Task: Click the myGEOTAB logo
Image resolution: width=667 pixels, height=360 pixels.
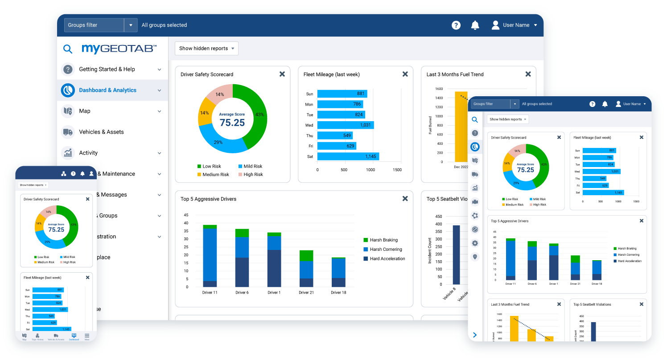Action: click(119, 49)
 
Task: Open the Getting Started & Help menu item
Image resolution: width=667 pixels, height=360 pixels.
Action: click(107, 70)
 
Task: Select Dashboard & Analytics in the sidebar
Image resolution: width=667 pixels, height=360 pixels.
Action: click(107, 90)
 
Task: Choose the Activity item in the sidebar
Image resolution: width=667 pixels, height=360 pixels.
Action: click(88, 153)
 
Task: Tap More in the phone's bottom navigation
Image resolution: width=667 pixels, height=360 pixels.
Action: click(87, 336)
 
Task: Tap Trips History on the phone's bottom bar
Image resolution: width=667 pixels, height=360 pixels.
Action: click(37, 336)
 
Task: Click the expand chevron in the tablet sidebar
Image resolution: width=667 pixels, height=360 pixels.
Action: click(475, 335)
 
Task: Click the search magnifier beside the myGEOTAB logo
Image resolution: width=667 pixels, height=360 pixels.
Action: click(67, 49)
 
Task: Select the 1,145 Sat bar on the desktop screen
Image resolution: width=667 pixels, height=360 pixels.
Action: click(348, 156)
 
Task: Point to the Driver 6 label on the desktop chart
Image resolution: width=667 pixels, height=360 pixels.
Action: click(242, 293)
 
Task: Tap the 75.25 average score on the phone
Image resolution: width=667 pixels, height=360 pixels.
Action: click(56, 229)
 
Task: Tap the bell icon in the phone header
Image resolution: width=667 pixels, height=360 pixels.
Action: click(82, 174)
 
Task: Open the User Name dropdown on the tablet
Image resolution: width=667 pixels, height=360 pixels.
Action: click(631, 104)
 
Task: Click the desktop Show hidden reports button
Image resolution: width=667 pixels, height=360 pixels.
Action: click(206, 49)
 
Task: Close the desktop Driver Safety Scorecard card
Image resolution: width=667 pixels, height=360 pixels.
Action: click(282, 74)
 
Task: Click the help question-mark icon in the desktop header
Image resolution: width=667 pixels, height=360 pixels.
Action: click(456, 25)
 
